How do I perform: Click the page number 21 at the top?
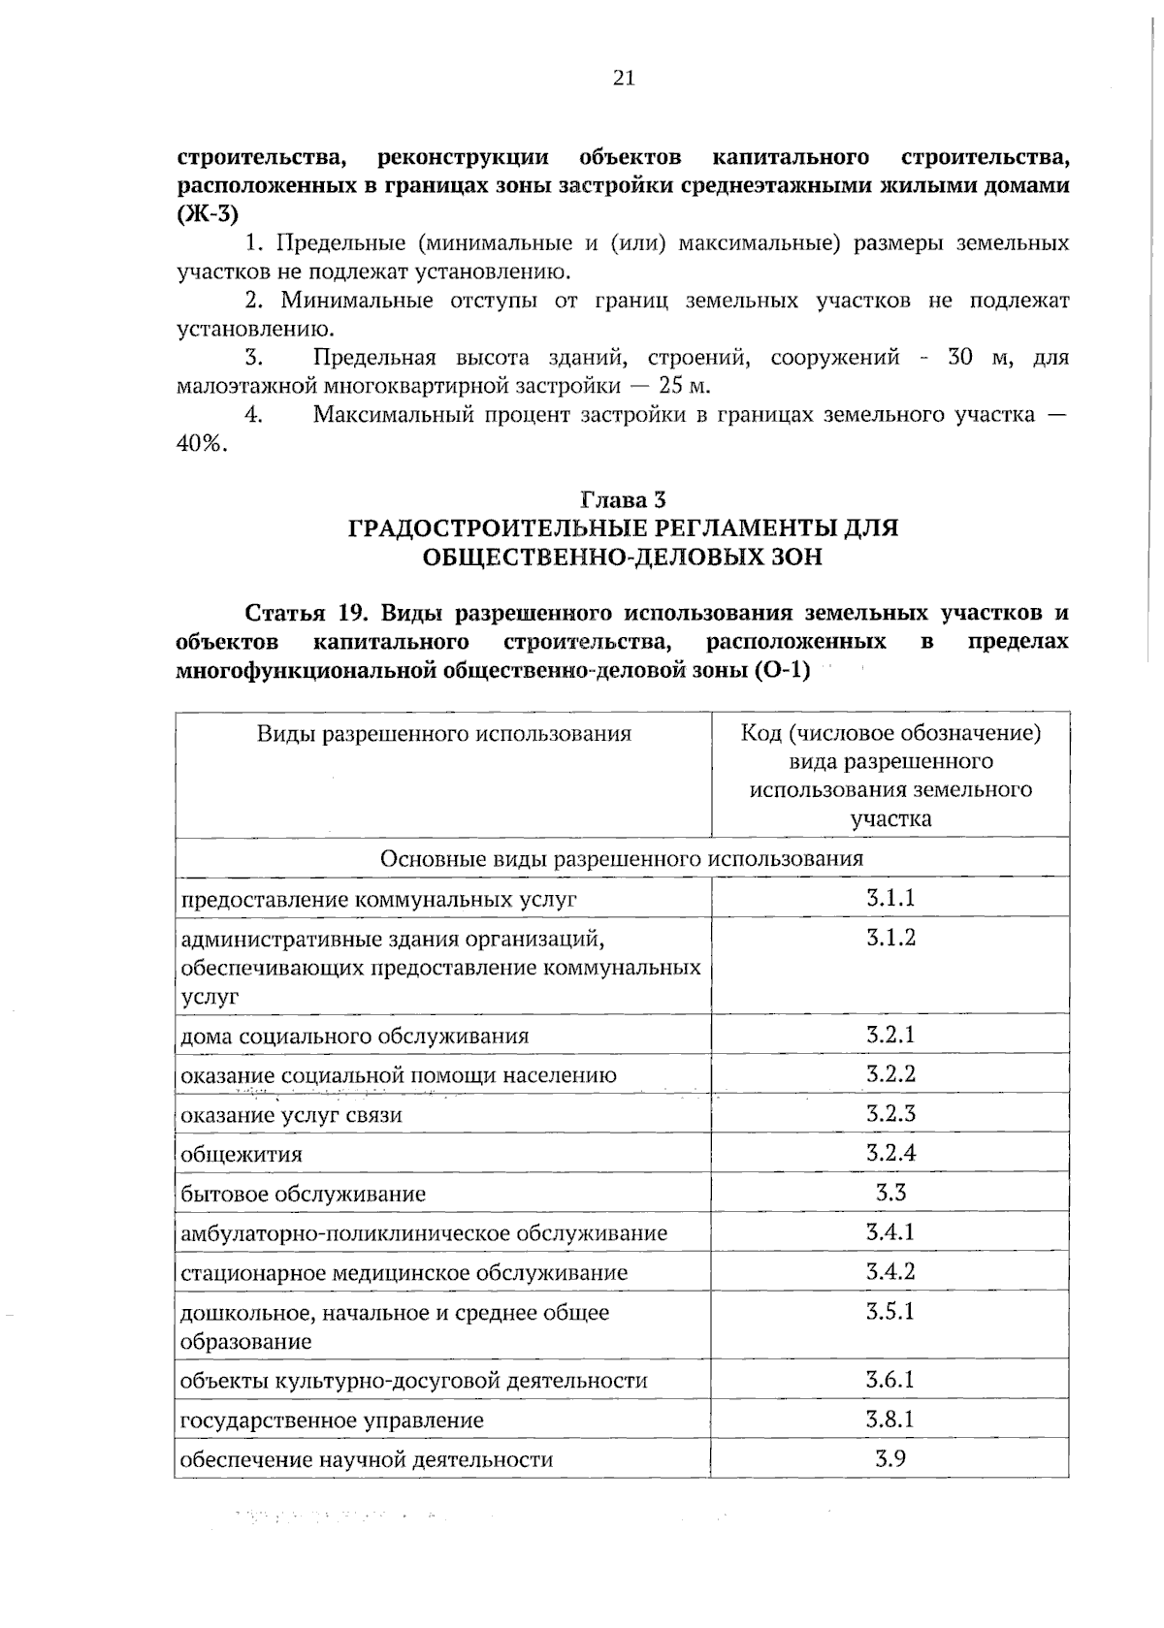tap(624, 79)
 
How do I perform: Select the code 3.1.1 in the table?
tap(890, 898)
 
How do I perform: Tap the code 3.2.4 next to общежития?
tap(890, 1153)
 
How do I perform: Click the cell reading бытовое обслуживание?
tap(304, 1194)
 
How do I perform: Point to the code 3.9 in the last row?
tap(890, 1458)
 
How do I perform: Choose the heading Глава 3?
tap(623, 500)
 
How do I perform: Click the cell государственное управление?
tap(332, 1421)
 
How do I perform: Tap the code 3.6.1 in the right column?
tap(890, 1380)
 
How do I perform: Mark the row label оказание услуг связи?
tap(291, 1115)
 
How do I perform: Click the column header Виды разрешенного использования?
tap(443, 734)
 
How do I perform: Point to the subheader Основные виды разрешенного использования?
tap(622, 858)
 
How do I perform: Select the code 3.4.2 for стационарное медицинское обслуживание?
tap(890, 1271)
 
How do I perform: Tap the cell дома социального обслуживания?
tap(355, 1036)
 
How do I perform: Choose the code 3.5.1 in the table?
tap(890, 1312)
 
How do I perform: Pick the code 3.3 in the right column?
tap(890, 1193)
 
